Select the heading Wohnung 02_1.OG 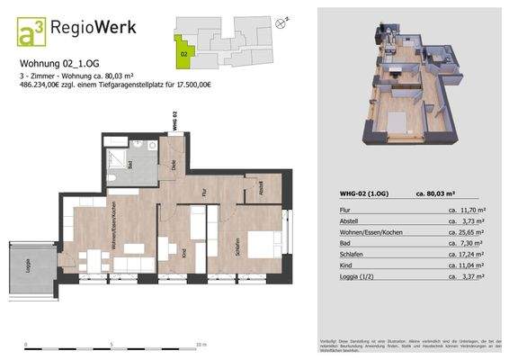[60, 64]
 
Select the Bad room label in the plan [131, 165]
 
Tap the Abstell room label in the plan [260, 190]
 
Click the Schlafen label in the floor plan [235, 245]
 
